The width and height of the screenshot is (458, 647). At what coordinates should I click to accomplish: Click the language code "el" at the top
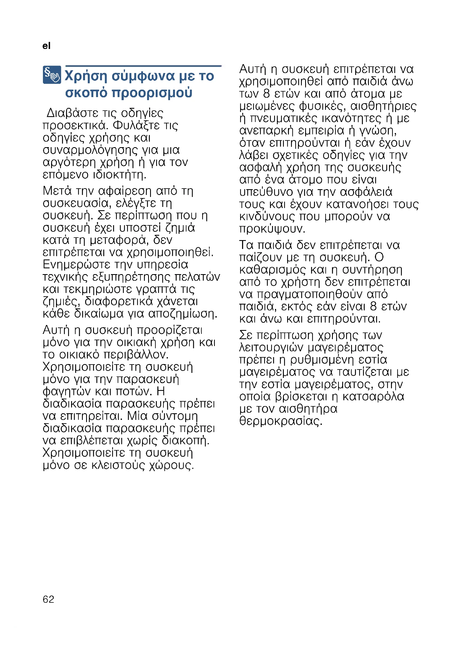[46, 46]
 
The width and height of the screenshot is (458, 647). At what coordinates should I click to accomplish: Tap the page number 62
[48, 599]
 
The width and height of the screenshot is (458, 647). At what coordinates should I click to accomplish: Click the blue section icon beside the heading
[52, 75]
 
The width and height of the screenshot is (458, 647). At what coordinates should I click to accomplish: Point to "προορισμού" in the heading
[152, 93]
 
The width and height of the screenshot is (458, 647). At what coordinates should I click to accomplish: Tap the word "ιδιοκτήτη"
[120, 175]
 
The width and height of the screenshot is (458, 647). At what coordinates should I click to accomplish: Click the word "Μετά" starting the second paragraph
[57, 191]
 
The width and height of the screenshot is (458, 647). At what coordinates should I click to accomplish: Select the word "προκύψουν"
[272, 229]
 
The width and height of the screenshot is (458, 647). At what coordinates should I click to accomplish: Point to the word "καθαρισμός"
[273, 270]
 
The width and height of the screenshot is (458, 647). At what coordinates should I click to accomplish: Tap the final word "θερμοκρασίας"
[281, 421]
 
